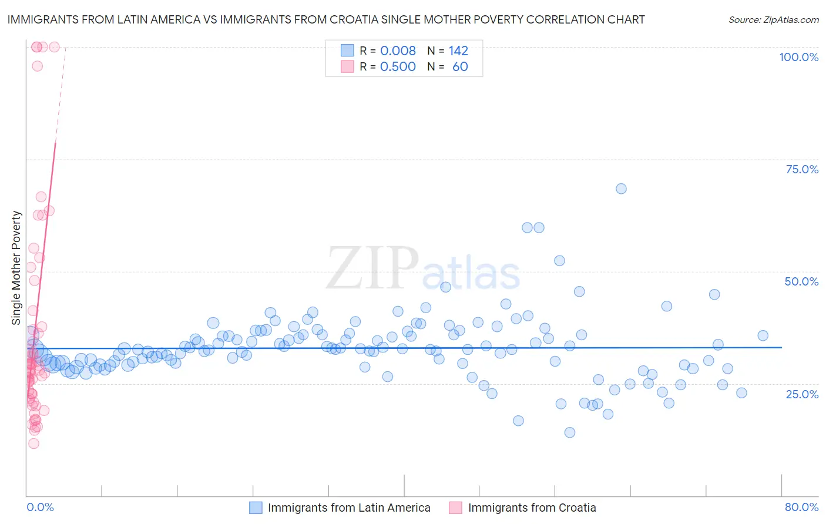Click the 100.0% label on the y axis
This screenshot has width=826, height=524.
click(798, 57)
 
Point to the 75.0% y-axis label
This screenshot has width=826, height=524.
click(802, 169)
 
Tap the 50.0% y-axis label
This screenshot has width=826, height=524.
click(801, 281)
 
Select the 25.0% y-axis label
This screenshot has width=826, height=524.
click(802, 394)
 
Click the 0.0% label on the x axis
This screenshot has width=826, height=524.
click(40, 507)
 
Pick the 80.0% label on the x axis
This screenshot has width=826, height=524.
click(801, 507)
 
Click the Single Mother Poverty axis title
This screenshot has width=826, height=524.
click(16, 268)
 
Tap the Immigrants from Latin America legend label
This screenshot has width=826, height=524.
click(349, 508)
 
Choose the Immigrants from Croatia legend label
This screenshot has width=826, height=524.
click(532, 508)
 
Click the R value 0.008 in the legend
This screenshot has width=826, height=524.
click(398, 51)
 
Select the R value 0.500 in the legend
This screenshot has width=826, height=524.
click(398, 66)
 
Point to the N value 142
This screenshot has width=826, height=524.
click(458, 51)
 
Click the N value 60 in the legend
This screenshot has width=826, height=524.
click(460, 66)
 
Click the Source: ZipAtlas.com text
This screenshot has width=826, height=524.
click(773, 20)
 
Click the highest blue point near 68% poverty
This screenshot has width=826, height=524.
click(621, 189)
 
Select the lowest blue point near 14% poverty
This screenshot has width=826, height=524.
click(569, 432)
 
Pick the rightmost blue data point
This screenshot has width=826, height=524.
click(763, 335)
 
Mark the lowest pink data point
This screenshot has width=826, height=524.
click(33, 444)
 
